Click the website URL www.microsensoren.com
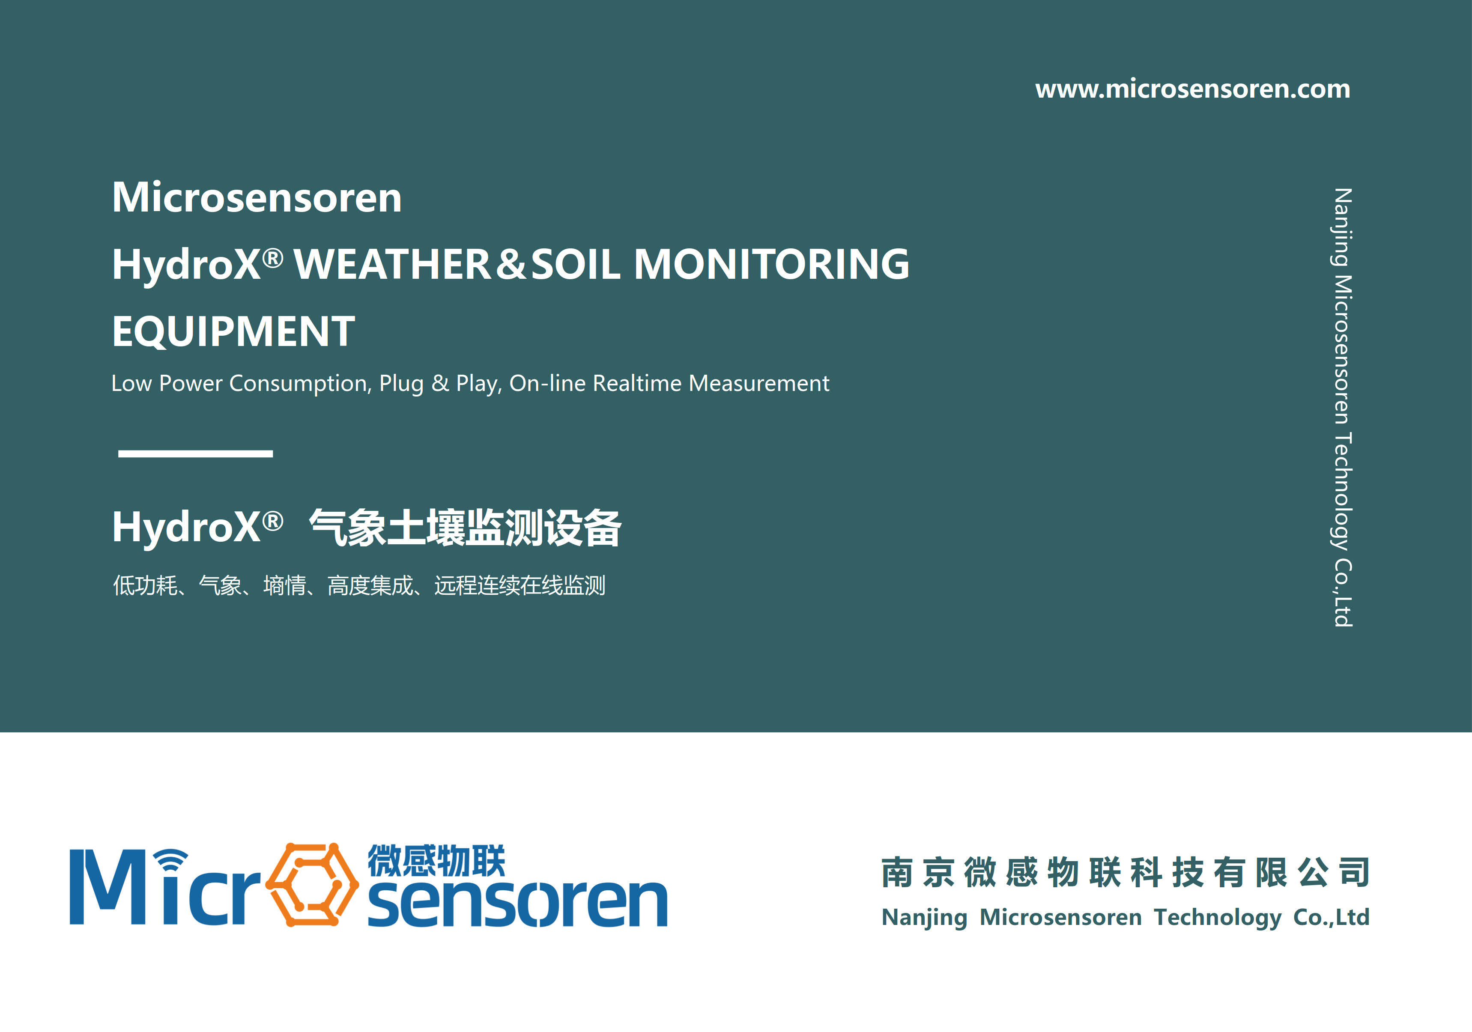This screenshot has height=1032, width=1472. pyautogui.click(x=1192, y=89)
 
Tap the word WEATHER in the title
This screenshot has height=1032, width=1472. pyautogui.click(x=392, y=264)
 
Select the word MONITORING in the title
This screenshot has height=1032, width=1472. pyautogui.click(x=771, y=264)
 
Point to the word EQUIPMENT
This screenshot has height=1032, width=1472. pyautogui.click(x=233, y=331)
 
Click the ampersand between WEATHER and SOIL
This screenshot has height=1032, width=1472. pyautogui.click(x=511, y=264)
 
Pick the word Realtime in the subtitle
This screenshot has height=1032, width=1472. pyautogui.click(x=637, y=383)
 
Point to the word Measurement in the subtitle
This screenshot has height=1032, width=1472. pyautogui.click(x=759, y=383)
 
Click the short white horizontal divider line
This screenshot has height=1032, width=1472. pyautogui.click(x=196, y=453)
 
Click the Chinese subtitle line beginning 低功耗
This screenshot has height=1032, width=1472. pyautogui.click(x=359, y=585)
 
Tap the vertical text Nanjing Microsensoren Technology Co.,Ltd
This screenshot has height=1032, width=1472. pyautogui.click(x=1343, y=408)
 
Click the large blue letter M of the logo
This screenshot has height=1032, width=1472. pyautogui.click(x=107, y=887)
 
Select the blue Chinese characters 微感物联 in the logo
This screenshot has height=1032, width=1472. pyautogui.click(x=436, y=860)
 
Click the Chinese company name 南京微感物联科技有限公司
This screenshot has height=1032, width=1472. pyautogui.click(x=1126, y=872)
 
